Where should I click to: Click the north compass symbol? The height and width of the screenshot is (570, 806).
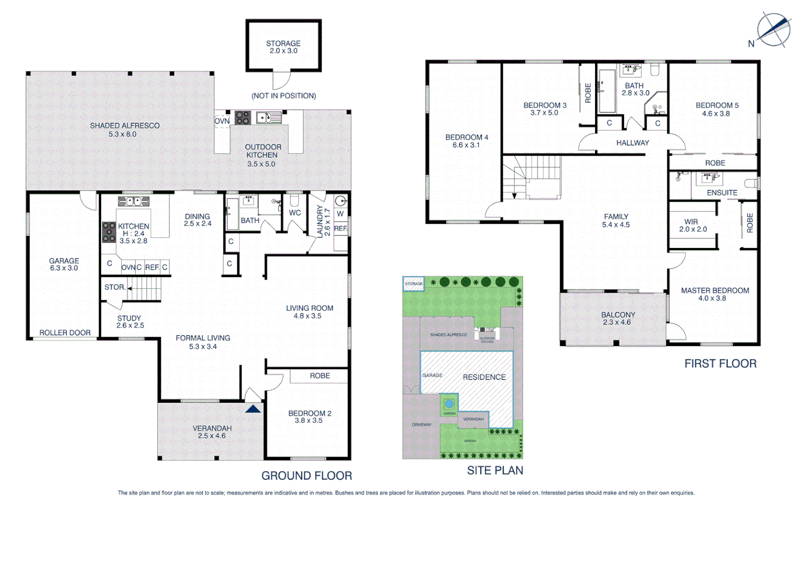pyautogui.click(x=773, y=30)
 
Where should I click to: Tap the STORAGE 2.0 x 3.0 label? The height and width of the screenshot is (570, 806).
pyautogui.click(x=283, y=47)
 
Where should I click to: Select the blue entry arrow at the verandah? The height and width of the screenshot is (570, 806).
pyautogui.click(x=253, y=408)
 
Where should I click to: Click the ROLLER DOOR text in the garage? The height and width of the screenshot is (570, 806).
pyautogui.click(x=65, y=332)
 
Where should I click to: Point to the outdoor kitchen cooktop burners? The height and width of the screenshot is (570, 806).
pyautogui.click(x=243, y=117)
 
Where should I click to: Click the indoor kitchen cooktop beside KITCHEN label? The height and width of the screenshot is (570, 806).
pyautogui.click(x=109, y=232)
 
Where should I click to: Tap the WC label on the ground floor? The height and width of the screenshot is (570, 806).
pyautogui.click(x=295, y=213)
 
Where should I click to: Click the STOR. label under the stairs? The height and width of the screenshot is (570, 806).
pyautogui.click(x=115, y=287)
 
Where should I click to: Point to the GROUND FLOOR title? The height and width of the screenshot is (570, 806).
pyautogui.click(x=306, y=476)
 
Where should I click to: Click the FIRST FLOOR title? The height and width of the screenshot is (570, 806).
pyautogui.click(x=720, y=364)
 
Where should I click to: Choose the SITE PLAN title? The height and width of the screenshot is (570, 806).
pyautogui.click(x=495, y=470)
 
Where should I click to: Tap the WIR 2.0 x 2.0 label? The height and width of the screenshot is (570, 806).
pyautogui.click(x=692, y=225)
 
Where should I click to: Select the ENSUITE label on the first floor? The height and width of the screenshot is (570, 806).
pyautogui.click(x=722, y=193)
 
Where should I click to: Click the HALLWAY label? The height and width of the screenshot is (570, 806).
pyautogui.click(x=632, y=142)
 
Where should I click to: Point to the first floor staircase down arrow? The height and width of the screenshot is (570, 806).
pyautogui.click(x=514, y=195)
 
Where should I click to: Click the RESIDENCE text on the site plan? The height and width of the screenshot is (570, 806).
pyautogui.click(x=484, y=377)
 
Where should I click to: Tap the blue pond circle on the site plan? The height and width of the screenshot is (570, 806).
pyautogui.click(x=449, y=404)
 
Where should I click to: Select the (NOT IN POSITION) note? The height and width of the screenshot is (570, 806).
pyautogui.click(x=283, y=96)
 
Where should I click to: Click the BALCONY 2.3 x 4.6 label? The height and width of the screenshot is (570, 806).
pyautogui.click(x=618, y=318)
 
